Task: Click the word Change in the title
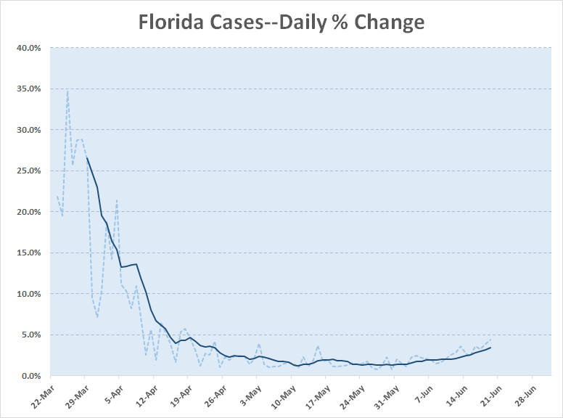[x=389, y=22]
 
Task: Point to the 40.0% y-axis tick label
[x=28, y=48]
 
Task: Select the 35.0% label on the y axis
[x=28, y=89]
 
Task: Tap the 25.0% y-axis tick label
[x=28, y=171]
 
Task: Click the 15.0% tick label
[x=28, y=253]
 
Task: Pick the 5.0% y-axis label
[x=30, y=335]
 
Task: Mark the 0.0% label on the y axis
[x=30, y=376]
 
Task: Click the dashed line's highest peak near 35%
[x=67, y=91]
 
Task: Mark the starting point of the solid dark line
[x=86, y=157]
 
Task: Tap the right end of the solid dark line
[x=490, y=348]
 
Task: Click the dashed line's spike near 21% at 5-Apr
[x=117, y=200]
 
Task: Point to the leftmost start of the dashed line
[x=57, y=196]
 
